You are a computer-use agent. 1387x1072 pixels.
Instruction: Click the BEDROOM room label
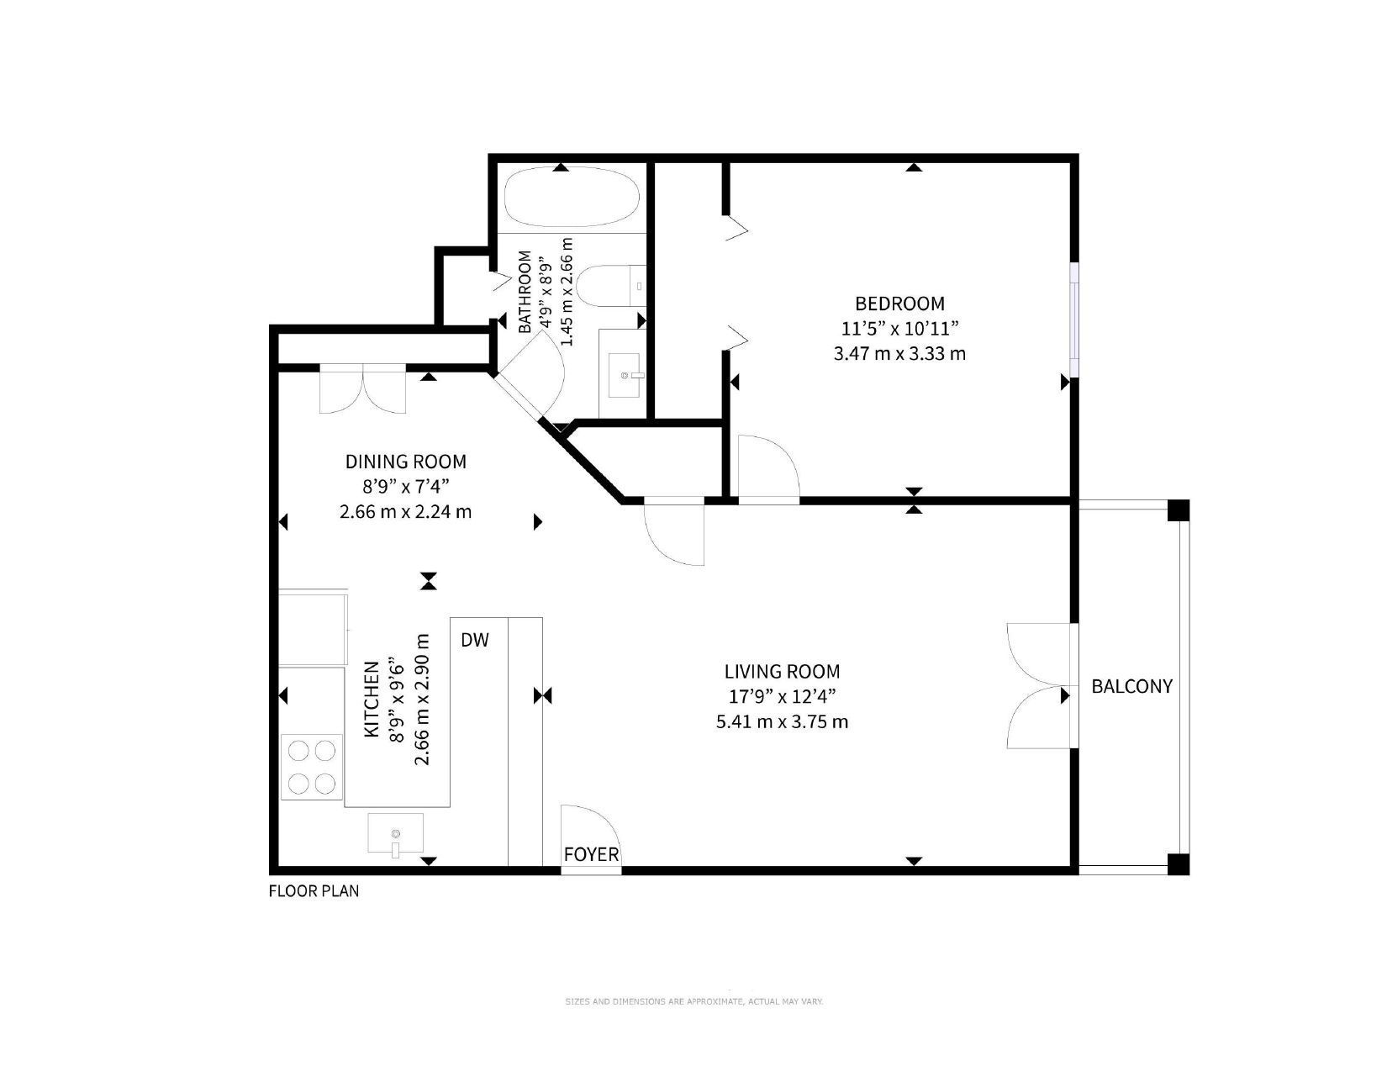tap(899, 304)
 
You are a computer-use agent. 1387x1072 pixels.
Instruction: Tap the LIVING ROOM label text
tap(782, 671)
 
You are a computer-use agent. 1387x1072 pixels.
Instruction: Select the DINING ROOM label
tap(405, 461)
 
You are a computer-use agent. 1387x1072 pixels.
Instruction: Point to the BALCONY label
tap(1131, 686)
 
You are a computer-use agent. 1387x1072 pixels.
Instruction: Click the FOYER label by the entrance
tap(591, 854)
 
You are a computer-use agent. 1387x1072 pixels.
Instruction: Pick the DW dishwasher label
tap(475, 640)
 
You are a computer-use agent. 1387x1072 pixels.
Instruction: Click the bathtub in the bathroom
tap(572, 197)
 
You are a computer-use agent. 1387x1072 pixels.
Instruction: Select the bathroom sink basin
tap(624, 376)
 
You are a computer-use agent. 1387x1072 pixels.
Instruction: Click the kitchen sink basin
tap(395, 832)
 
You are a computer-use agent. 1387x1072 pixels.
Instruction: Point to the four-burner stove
tap(312, 767)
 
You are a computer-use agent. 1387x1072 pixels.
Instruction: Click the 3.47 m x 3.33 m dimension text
tap(899, 353)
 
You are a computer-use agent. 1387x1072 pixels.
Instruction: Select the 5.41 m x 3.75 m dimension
tap(782, 721)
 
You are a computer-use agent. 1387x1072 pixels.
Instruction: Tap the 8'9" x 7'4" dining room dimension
tap(406, 487)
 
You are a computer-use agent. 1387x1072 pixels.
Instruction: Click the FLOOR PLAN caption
tap(314, 890)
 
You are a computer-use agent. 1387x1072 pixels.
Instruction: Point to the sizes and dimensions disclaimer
tap(693, 1001)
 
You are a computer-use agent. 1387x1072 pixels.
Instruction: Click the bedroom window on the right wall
tap(1074, 319)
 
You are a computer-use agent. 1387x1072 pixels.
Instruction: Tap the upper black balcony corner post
tap(1179, 511)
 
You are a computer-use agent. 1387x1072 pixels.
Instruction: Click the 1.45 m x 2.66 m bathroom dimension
tap(567, 292)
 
